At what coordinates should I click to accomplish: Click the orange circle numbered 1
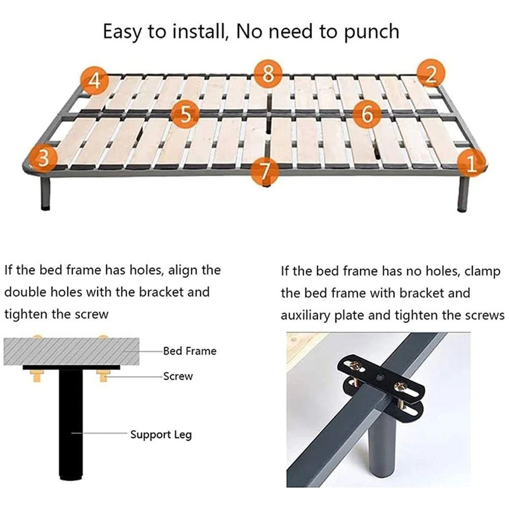pos(471,164)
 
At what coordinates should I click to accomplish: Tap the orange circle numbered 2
pos(431,74)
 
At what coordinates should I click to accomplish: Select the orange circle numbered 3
pos(44,158)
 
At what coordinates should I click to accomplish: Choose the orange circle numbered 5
pos(185,115)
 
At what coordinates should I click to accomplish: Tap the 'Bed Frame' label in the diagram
pos(189,351)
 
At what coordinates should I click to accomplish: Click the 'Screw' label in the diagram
pos(178,377)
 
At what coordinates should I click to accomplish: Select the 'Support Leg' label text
pos(161,435)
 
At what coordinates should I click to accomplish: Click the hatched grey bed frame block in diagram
pos(71,351)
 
